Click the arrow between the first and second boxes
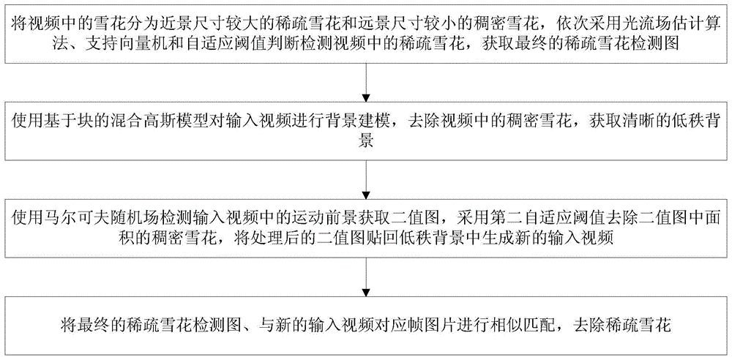365,83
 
